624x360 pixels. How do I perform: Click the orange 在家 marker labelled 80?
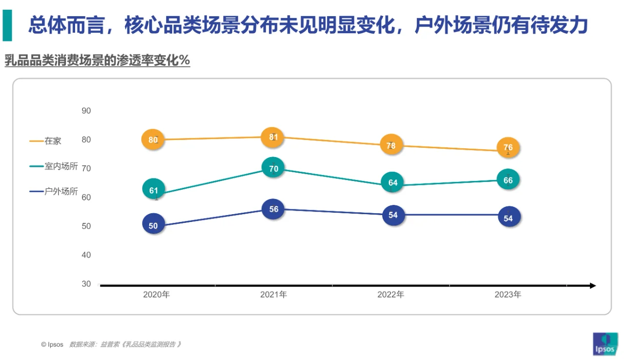point(153,140)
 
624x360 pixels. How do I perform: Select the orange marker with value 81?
point(273,137)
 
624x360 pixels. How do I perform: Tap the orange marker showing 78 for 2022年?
point(391,145)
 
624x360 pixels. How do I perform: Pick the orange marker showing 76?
point(508,147)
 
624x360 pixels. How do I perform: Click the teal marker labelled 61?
point(154,190)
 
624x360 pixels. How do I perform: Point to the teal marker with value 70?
point(273,169)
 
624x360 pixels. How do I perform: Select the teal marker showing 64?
point(392,182)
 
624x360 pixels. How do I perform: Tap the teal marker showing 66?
point(508,180)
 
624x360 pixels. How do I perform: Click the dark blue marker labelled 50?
point(153,225)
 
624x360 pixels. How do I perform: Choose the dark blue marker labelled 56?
point(273,209)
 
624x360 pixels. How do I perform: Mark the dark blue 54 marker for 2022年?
point(393,215)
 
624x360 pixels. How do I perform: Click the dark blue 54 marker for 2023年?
point(508,218)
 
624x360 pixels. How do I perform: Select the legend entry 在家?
point(53,141)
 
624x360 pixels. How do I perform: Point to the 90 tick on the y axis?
point(86,111)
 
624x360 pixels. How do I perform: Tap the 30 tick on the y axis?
point(86,284)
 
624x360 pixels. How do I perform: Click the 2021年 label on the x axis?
point(273,295)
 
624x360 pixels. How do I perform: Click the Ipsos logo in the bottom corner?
point(605,344)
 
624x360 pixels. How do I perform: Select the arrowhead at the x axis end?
point(592,285)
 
